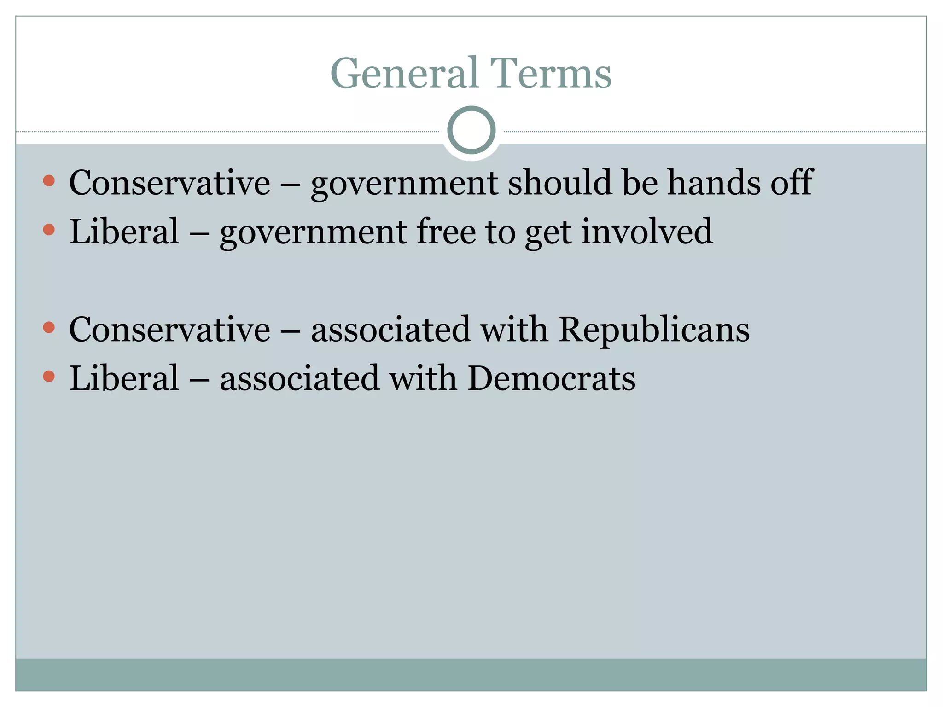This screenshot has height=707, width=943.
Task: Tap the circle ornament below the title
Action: pos(471,130)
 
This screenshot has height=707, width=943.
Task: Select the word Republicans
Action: pos(654,330)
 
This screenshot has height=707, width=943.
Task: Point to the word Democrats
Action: pos(551,379)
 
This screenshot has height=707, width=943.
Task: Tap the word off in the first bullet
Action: pos(792,183)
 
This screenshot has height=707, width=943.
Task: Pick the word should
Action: pos(559,183)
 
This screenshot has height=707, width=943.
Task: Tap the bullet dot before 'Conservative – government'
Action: pos(49,180)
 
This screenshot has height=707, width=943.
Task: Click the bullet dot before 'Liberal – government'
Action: pos(49,229)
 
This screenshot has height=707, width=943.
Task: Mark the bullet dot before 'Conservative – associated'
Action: pos(49,328)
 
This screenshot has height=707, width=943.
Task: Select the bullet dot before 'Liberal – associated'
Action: pos(49,377)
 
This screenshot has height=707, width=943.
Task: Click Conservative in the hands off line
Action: pos(169,183)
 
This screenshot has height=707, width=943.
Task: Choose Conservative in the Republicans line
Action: pos(169,330)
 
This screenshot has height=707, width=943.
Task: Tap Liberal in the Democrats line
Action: pos(124,379)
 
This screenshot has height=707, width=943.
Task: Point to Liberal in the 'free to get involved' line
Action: pos(124,232)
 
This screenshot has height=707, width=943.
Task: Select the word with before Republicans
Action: pos(514,330)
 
